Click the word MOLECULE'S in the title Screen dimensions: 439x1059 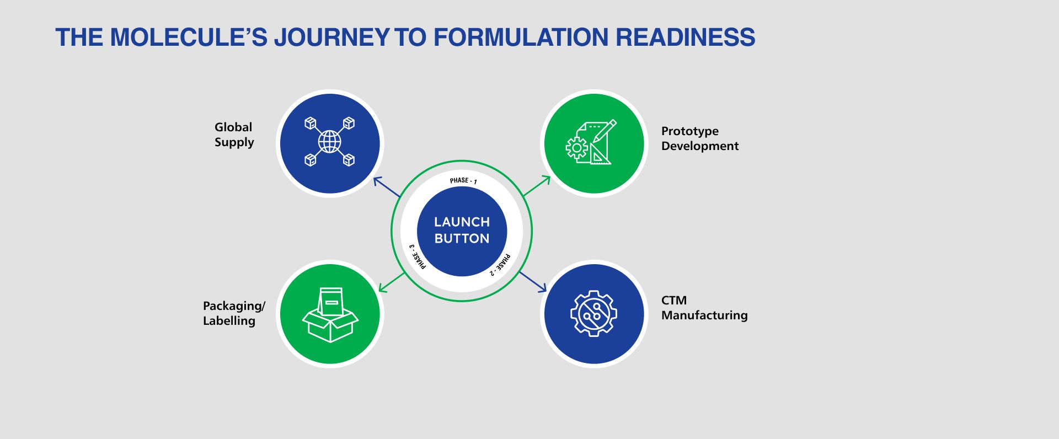coord(188,38)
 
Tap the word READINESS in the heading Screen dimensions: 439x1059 coord(685,38)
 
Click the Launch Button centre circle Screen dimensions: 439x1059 coord(462,231)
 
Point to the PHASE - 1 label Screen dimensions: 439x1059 coord(463,181)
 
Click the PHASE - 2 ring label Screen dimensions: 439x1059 coord(501,264)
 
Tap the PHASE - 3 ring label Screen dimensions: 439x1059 coord(417,256)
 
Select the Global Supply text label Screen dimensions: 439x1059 coord(234,135)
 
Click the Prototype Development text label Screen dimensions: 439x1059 coord(699,138)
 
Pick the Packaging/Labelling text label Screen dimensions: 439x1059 coord(234,313)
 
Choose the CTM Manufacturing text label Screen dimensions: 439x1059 coord(704,308)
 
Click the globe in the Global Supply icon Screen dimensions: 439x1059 coord(329,142)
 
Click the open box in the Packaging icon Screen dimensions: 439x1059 coord(330,325)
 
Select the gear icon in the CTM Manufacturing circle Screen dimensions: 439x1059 coord(593,313)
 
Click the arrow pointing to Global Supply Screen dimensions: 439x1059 coord(386,187)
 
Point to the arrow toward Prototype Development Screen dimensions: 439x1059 coord(537,186)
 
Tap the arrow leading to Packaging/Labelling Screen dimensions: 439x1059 coord(391,282)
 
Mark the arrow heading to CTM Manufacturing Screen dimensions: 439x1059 coord(533,281)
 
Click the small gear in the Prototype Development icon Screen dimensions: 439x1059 coord(577,148)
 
